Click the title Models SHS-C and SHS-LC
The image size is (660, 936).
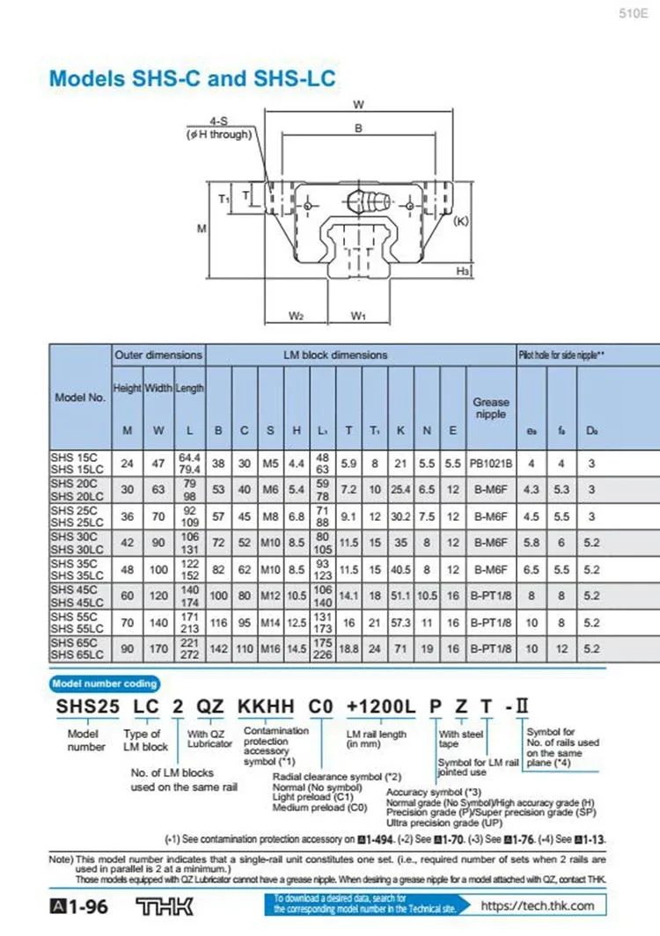192,78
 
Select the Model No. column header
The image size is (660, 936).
80,397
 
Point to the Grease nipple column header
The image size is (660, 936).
490,408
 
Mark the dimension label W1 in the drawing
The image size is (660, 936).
358,315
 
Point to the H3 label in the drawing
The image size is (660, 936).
462,272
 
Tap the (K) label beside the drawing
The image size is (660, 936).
460,222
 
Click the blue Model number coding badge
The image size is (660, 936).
105,683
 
